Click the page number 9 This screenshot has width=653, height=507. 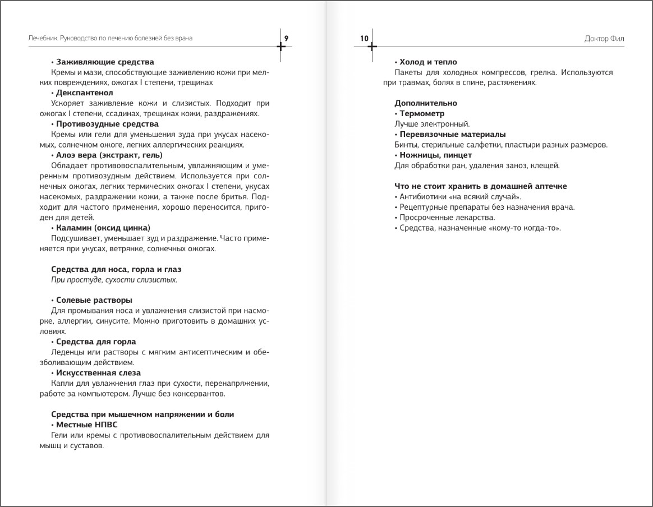pos(286,38)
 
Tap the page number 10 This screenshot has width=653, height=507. pos(364,38)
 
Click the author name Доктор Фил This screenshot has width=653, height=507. pos(604,39)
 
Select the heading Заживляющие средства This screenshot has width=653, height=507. pos(105,62)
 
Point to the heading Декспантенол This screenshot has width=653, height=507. pos(85,93)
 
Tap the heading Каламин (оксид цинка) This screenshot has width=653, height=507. pos(103,228)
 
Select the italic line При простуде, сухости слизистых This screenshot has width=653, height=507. pos(114,279)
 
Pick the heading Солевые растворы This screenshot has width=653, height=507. pos(94,300)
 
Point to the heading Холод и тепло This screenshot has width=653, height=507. pos(428,62)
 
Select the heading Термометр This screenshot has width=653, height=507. pos(422,114)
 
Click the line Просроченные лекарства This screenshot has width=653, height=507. pos(447,218)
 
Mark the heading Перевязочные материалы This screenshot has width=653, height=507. pos(452,135)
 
